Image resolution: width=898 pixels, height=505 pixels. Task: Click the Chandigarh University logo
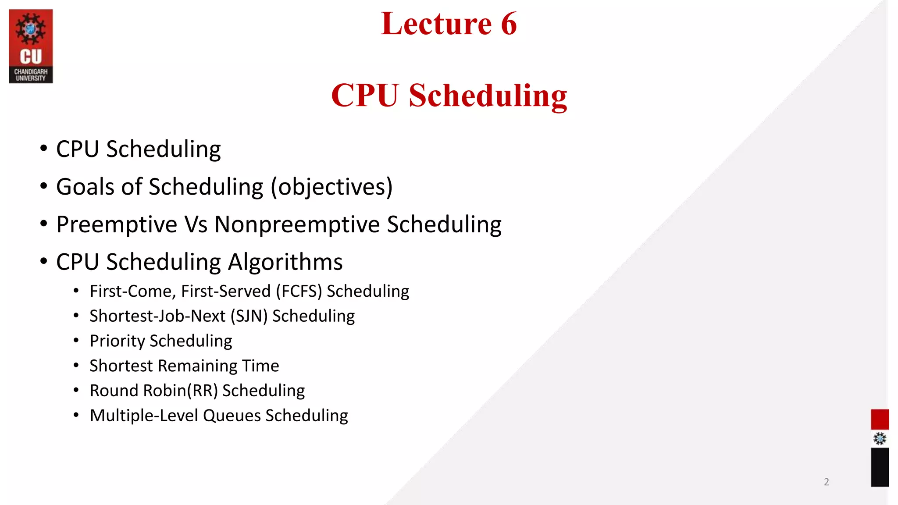(x=31, y=46)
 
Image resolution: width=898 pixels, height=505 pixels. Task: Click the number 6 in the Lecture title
(x=509, y=24)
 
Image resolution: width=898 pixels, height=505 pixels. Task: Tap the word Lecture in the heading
(x=436, y=24)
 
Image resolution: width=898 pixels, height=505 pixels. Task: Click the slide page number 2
(x=827, y=482)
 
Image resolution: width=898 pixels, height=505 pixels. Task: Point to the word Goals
(x=86, y=187)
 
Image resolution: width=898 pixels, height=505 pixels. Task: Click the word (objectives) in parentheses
(x=331, y=187)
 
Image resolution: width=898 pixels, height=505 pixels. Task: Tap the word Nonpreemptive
(x=297, y=225)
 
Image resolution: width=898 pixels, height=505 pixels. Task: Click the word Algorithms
(x=285, y=262)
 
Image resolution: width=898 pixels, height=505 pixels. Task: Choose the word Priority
(x=117, y=341)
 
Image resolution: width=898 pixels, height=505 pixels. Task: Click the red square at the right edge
(x=880, y=419)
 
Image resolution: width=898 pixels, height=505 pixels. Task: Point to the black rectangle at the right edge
(x=880, y=467)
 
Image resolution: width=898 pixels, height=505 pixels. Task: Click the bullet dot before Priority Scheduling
(x=76, y=341)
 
